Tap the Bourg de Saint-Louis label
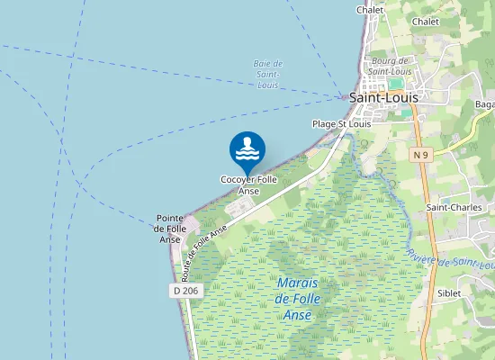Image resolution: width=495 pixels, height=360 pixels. point(390,66)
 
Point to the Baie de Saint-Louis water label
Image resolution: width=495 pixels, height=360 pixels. point(268,74)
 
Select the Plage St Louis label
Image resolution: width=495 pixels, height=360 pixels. point(341,123)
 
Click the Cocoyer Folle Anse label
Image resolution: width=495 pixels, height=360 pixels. point(248,184)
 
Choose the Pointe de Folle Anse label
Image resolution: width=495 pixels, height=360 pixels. point(171,229)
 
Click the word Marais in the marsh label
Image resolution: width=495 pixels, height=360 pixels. point(296,283)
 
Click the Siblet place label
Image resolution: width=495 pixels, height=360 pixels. point(449,292)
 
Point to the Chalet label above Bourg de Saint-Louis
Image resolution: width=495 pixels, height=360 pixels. point(370,10)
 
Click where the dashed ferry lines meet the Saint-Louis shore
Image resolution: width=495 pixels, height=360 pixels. point(346,96)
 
